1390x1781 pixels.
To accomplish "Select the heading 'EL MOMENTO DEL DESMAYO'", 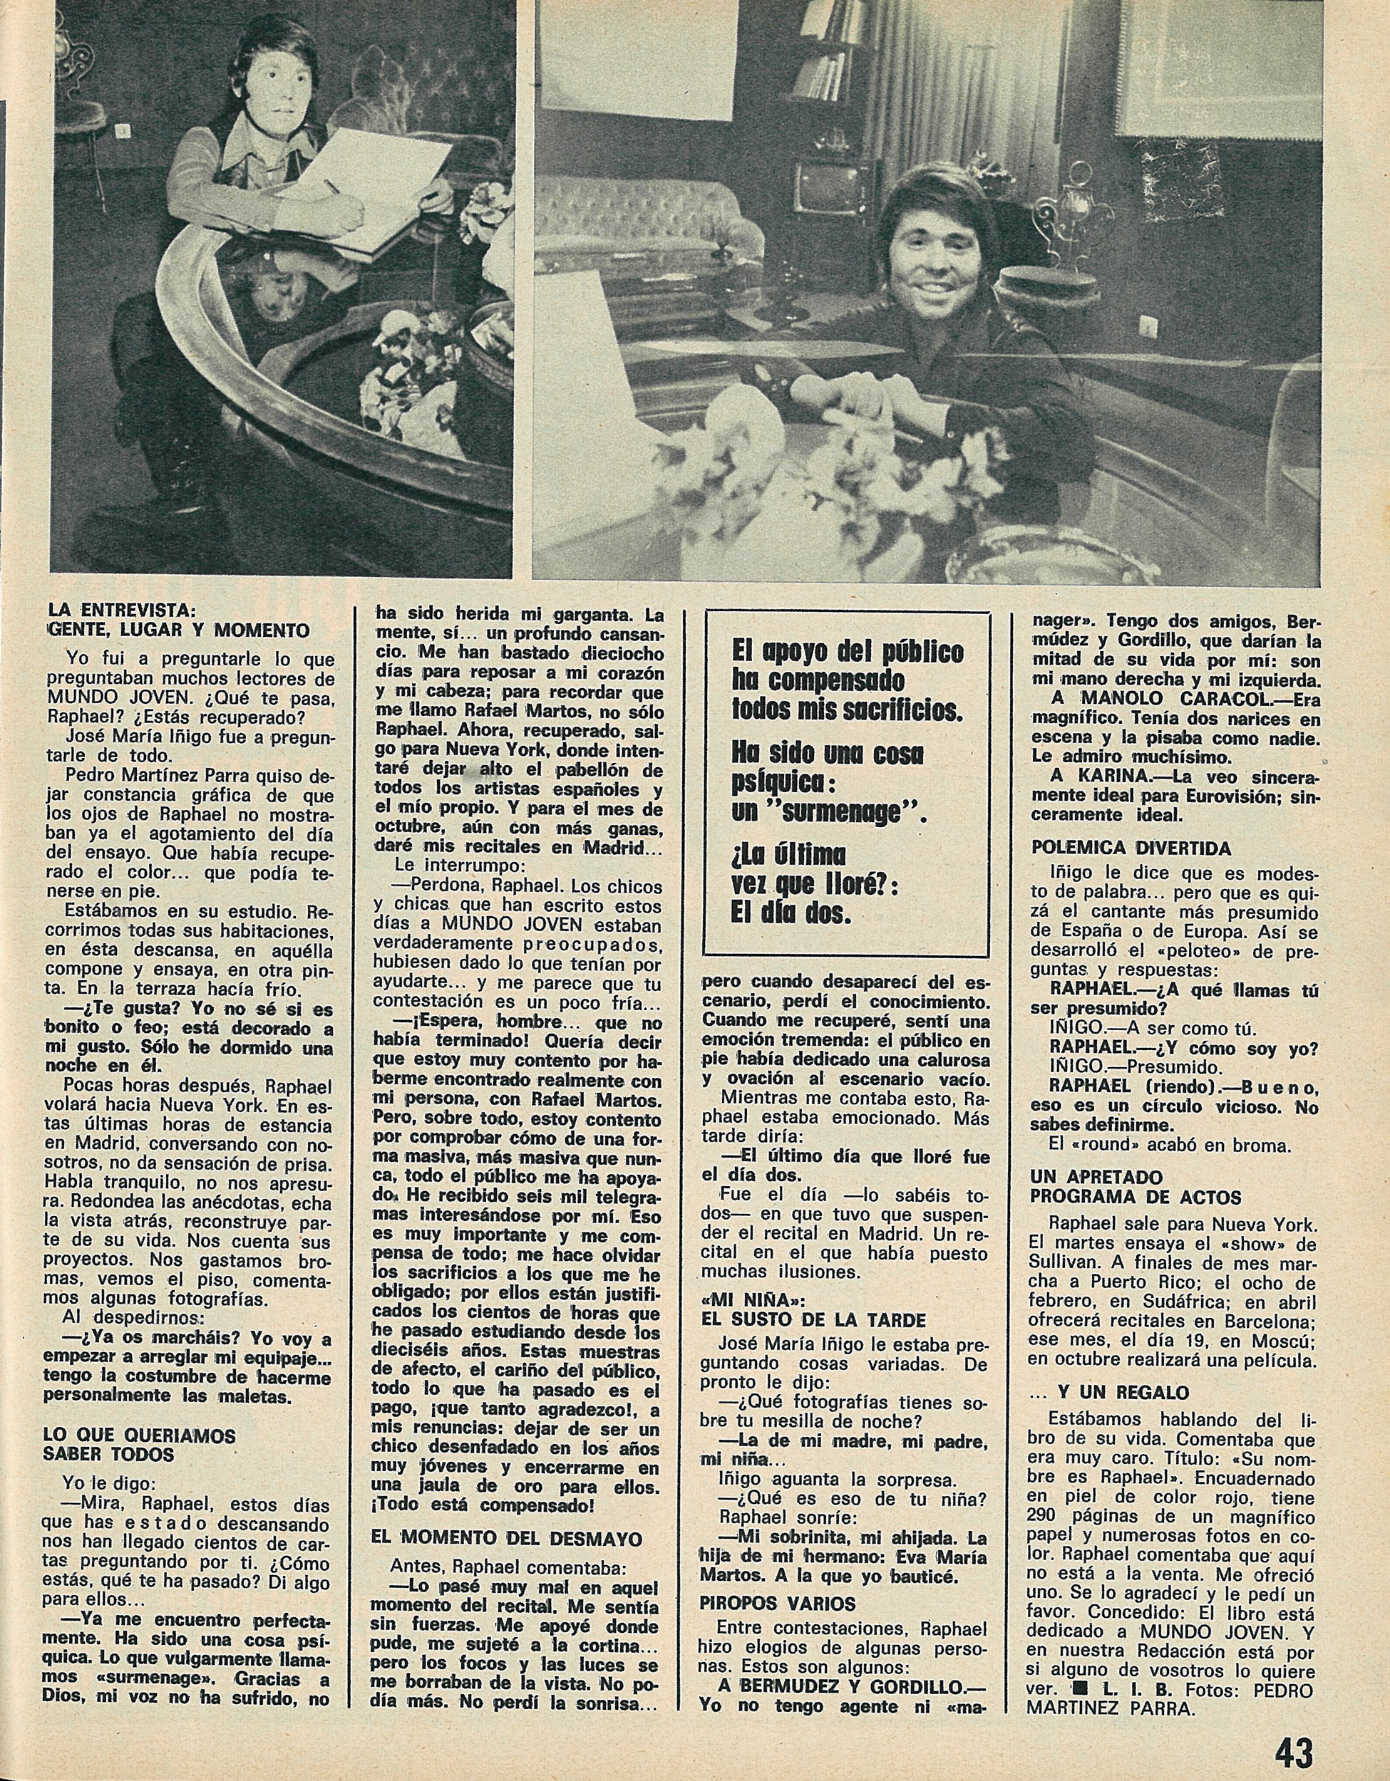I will click(506, 1539).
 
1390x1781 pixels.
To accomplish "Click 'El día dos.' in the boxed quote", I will click(791, 914).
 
